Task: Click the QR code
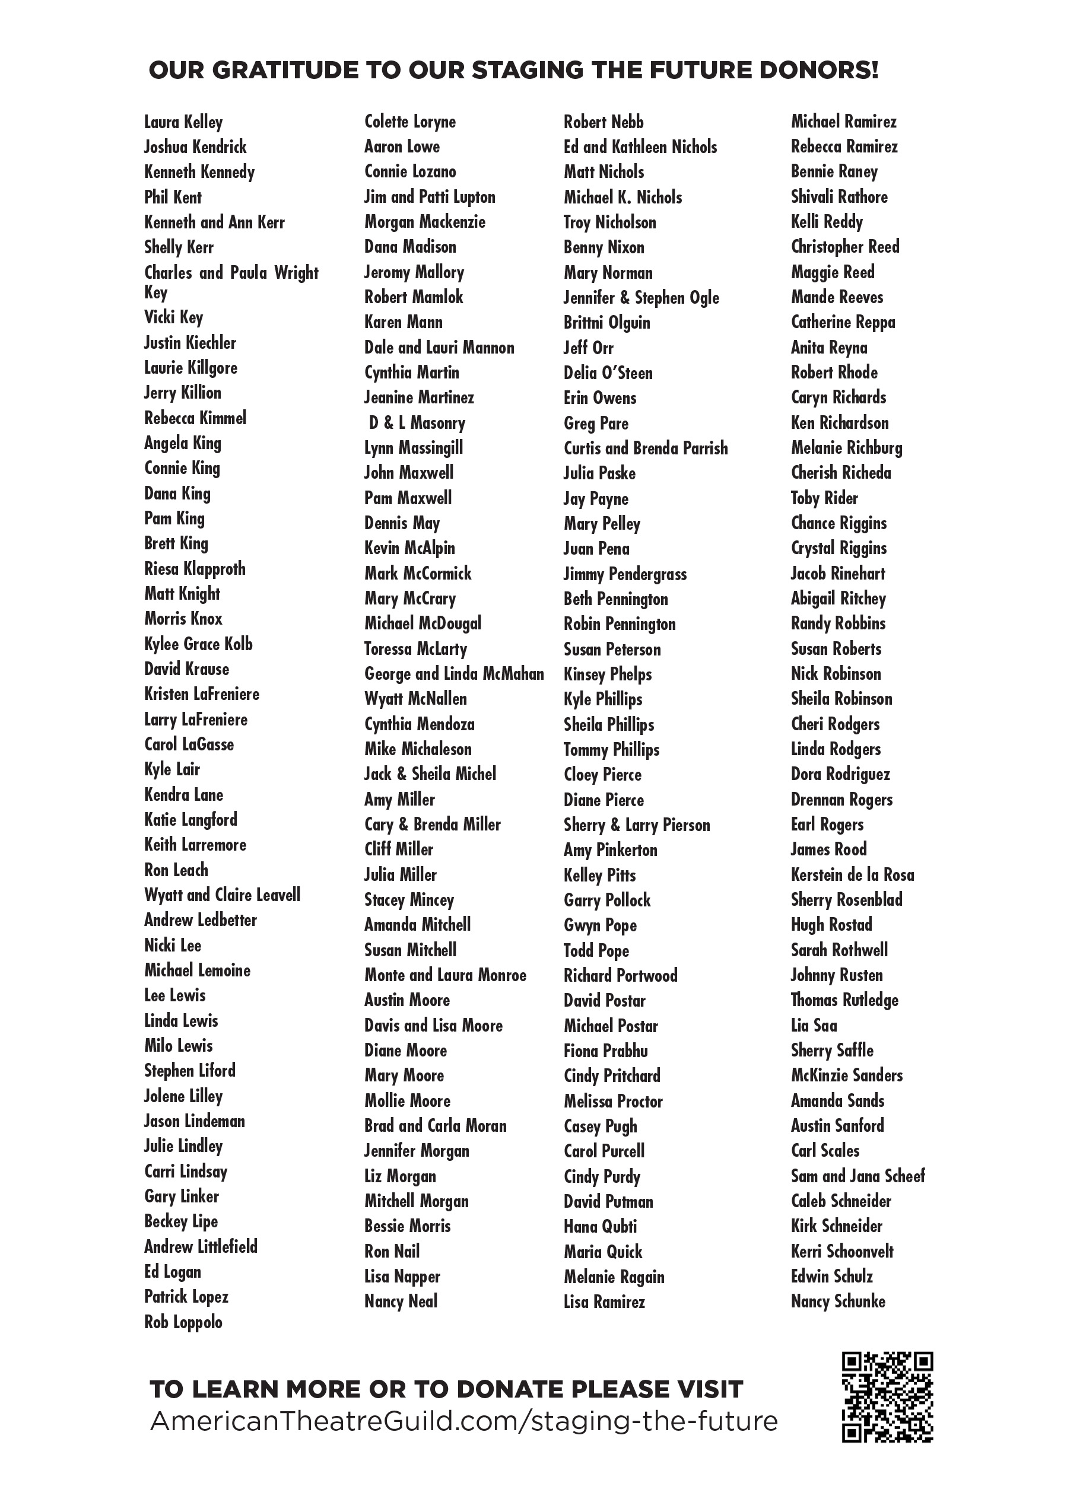887,1396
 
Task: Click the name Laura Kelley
183,122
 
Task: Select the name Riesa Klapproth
195,568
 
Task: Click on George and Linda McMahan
453,673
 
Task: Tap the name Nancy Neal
401,1301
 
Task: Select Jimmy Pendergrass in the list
625,574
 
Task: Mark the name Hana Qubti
600,1227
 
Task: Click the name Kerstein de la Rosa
852,874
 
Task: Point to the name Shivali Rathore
839,197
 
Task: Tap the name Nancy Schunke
838,1301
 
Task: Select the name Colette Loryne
410,122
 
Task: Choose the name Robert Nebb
603,122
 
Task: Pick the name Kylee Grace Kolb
198,644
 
